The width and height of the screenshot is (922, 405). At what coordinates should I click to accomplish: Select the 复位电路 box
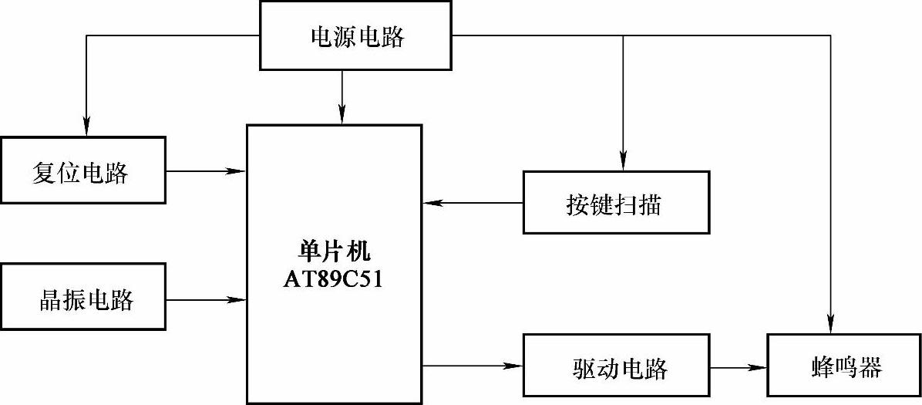pos(82,170)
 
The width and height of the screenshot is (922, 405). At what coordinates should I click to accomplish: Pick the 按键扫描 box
pos(615,203)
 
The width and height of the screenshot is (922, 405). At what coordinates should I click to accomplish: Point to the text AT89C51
pos(333,278)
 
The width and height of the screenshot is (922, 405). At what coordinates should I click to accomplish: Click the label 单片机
pos(333,251)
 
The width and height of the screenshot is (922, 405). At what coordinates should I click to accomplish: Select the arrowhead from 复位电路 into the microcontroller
pos(237,170)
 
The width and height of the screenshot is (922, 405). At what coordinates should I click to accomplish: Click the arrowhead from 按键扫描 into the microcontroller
pos(432,203)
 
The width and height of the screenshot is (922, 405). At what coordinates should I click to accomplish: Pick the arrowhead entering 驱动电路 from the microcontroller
pos(513,366)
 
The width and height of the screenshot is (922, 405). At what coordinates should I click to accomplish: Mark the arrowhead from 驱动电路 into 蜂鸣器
pos(759,366)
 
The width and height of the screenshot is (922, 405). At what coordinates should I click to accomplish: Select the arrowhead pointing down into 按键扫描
pos(621,161)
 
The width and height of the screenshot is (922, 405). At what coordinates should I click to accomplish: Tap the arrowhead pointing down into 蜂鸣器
pos(831,325)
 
